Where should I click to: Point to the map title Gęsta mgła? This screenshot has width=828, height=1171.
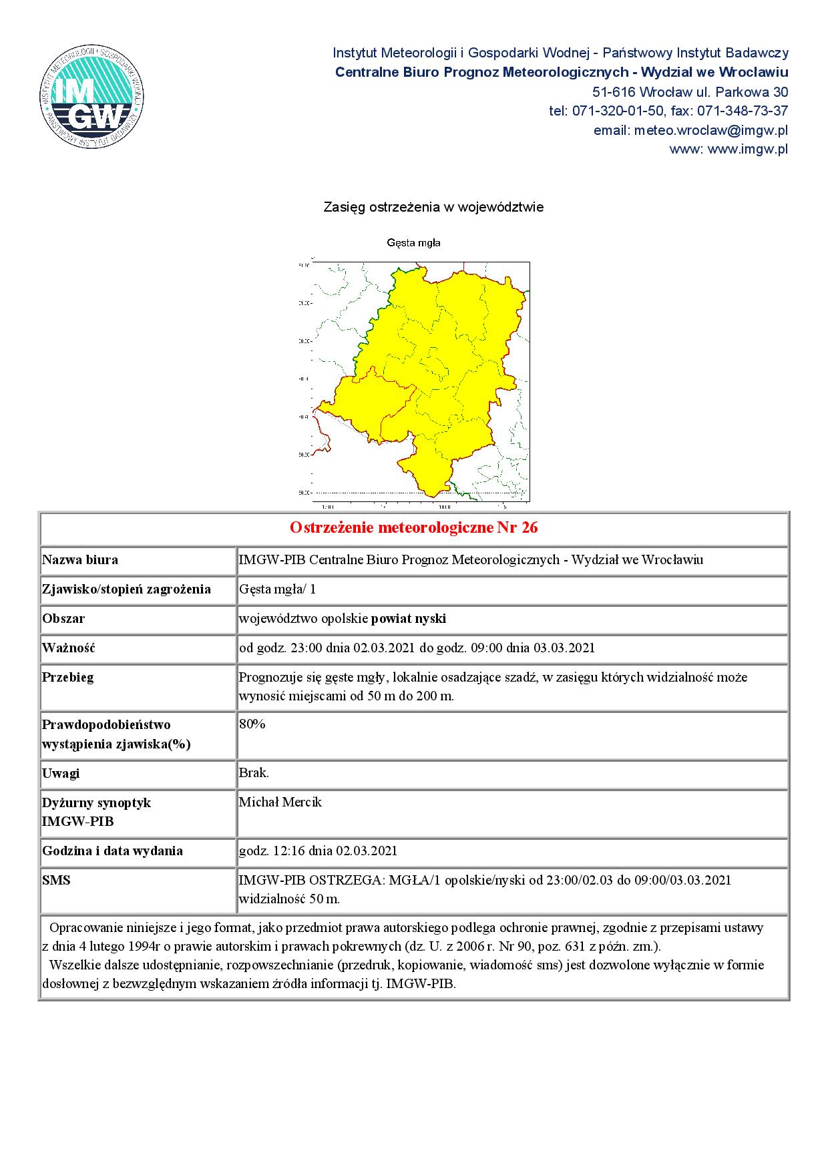[413, 243]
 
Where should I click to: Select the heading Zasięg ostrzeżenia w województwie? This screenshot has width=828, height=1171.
[433, 207]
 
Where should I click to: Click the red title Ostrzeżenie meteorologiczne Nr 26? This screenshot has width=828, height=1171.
[414, 528]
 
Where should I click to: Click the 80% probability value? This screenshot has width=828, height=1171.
[252, 724]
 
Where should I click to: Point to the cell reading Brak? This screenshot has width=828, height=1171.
[254, 773]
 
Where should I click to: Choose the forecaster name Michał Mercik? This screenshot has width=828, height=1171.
[280, 802]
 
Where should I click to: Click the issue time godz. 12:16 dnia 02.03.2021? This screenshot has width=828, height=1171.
[318, 851]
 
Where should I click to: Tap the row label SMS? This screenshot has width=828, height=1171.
[56, 880]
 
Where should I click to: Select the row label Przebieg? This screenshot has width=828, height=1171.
[67, 677]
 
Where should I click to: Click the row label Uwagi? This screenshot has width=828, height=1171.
[61, 773]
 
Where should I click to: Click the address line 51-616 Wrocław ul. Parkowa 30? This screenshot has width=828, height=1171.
[690, 91]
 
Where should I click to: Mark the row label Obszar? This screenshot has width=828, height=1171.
[63, 618]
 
